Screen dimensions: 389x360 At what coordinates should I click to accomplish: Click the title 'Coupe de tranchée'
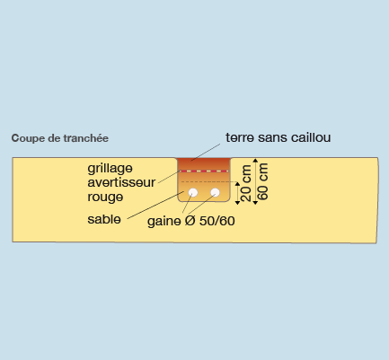[x=60, y=138]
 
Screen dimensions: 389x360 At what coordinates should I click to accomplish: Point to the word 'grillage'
[x=110, y=169]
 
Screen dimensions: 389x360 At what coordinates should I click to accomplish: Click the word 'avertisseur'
[x=121, y=182]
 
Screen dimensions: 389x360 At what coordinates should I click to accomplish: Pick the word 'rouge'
[x=105, y=198]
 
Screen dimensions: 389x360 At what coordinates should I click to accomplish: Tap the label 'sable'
[x=104, y=219]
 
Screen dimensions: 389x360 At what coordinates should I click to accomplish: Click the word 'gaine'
[x=164, y=222]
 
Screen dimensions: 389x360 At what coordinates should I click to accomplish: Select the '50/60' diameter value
[x=217, y=221]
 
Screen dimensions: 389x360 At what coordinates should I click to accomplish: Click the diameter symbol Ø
[x=190, y=221]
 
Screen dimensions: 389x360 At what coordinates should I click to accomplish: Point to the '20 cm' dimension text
[x=246, y=183]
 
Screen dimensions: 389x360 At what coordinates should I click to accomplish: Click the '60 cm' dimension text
[x=262, y=181]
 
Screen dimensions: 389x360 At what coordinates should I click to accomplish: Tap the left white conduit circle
[x=193, y=193]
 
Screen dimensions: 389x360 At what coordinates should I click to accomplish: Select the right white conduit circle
[x=215, y=192]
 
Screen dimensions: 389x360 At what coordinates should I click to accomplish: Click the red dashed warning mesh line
[x=204, y=171]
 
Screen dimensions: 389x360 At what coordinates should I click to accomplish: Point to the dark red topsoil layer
[x=204, y=164]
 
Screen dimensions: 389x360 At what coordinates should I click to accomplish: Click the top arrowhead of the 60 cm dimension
[x=255, y=160]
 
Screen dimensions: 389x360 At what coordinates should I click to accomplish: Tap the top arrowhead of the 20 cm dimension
[x=237, y=184]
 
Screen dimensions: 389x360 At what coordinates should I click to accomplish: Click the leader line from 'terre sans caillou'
[x=206, y=152]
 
